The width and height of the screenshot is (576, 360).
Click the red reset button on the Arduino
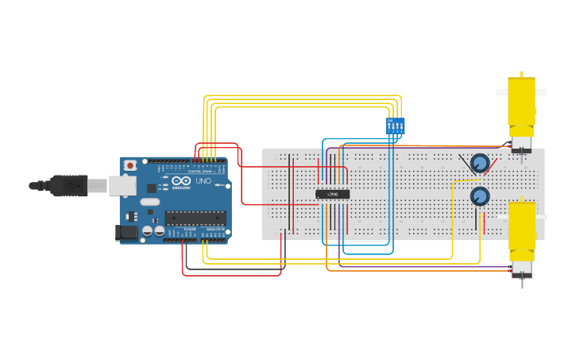tap(130, 165)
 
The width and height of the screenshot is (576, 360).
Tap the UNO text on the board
tap(203, 180)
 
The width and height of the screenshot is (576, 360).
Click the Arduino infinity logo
tap(181, 180)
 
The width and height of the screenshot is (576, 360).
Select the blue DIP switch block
tap(395, 126)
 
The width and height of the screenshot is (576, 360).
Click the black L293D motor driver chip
tap(332, 194)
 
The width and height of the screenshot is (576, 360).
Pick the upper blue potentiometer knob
tap(479, 163)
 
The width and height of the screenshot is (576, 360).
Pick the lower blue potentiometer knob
tap(479, 195)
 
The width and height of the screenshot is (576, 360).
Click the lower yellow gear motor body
tap(521, 226)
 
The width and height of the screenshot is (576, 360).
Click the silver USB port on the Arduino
tap(122, 185)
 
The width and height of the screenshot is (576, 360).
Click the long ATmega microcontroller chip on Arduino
tap(195, 218)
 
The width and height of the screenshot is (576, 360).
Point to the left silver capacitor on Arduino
tap(147, 230)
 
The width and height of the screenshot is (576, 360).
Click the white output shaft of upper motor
tap(502, 92)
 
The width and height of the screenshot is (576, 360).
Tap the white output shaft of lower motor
tap(541, 216)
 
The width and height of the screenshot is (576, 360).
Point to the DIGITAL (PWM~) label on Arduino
tap(199, 171)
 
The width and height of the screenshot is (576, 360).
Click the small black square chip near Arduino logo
tap(152, 188)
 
